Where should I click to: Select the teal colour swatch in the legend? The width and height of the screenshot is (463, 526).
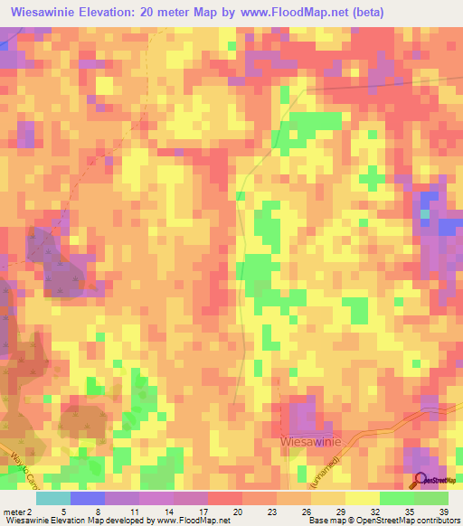tap(53, 498)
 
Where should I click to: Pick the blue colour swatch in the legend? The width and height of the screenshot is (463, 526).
tap(88, 498)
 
